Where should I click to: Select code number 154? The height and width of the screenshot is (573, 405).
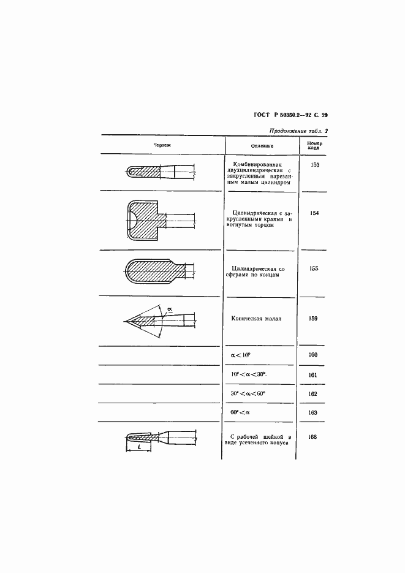[313, 213]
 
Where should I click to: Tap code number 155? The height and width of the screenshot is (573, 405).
[313, 268]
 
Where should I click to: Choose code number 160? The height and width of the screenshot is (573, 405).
[313, 355]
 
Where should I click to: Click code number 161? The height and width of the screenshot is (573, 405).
[313, 374]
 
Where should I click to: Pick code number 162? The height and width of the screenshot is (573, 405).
[313, 393]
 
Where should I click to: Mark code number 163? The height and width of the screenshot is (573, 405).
[313, 413]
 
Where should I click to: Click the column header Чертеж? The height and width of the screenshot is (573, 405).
[162, 145]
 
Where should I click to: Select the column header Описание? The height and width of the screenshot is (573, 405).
[262, 146]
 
